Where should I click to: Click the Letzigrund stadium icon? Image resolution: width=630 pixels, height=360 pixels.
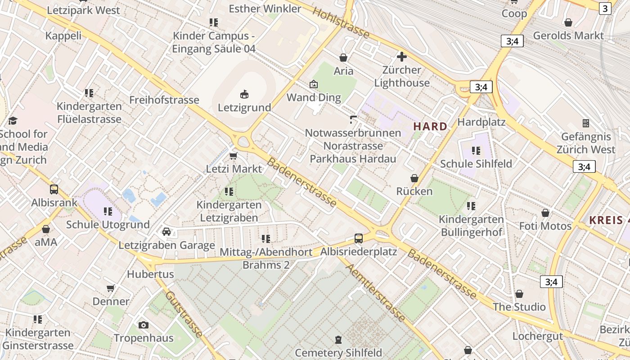[244, 94]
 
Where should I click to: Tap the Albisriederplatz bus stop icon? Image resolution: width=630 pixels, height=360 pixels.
[359, 238]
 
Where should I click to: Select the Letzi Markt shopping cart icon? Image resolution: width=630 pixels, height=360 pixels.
[233, 156]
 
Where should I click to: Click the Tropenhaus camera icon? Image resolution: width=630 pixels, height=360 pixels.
[144, 325]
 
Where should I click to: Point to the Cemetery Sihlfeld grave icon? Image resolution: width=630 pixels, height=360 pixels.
[338, 339]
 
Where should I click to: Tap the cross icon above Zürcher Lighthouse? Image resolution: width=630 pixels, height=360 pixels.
[401, 57]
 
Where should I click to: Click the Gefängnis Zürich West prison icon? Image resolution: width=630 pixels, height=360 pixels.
[586, 123]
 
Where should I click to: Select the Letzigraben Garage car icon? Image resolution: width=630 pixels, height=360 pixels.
[166, 232]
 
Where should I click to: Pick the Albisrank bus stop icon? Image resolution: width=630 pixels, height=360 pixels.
[54, 189]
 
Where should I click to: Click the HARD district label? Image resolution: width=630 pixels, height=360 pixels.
[431, 126]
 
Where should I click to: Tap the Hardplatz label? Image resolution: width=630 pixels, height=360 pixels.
[481, 122]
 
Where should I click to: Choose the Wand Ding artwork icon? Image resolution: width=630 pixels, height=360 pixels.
[314, 84]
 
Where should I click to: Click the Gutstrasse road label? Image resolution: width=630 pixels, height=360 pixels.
[184, 314]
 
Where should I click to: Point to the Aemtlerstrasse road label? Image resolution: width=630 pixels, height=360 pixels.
[376, 292]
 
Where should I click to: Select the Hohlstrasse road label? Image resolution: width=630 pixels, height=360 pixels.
[341, 23]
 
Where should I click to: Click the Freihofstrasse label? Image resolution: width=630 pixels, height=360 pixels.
[164, 99]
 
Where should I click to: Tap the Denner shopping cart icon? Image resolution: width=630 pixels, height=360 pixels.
[111, 288]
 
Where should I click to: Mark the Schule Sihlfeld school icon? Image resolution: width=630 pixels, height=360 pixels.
[476, 150]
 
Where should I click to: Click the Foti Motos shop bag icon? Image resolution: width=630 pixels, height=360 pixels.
[545, 212]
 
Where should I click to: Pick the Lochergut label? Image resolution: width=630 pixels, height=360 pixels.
[538, 336]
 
